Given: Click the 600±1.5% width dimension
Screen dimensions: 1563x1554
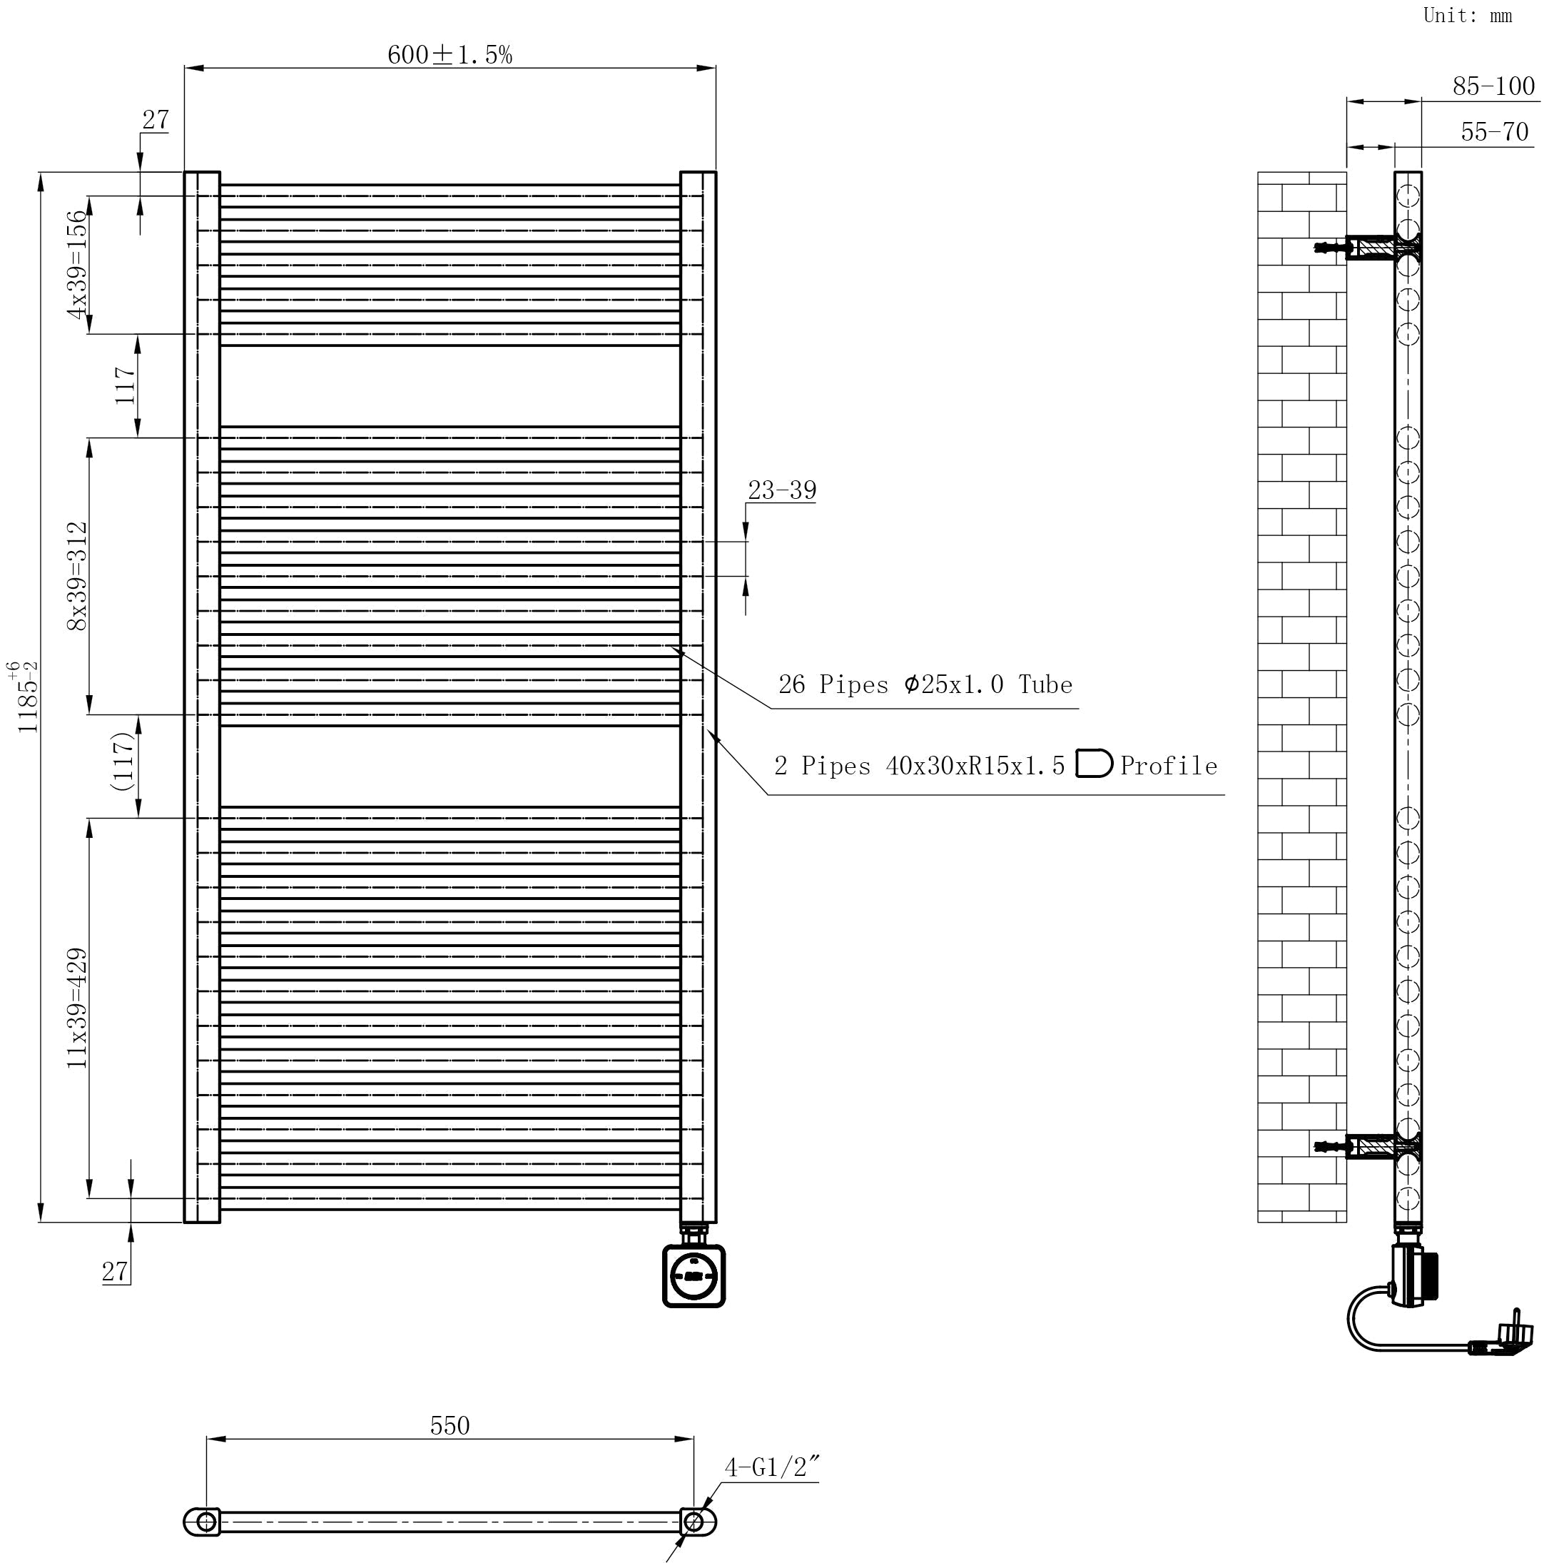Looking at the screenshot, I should pyautogui.click(x=449, y=55).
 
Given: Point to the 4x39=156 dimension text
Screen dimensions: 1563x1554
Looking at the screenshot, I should pyautogui.click(x=77, y=265).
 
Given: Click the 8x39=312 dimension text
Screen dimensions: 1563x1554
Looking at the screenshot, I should pyautogui.click(x=77, y=576).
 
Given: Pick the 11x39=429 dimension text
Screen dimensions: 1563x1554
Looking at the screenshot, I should pyautogui.click(x=77, y=1008).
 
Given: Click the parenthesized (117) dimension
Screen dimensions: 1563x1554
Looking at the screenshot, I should pyautogui.click(x=123, y=762).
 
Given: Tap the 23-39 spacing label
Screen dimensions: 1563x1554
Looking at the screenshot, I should pyautogui.click(x=781, y=490).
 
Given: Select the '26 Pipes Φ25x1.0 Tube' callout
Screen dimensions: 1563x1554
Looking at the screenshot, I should pyautogui.click(x=925, y=685).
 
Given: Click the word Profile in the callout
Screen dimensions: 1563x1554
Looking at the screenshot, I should pyautogui.click(x=1168, y=766).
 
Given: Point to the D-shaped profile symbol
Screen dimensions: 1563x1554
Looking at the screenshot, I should pyautogui.click(x=1094, y=764).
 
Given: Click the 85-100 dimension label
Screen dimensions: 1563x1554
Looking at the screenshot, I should pyautogui.click(x=1493, y=86).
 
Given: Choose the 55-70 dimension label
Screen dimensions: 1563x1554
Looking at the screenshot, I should pyautogui.click(x=1494, y=132).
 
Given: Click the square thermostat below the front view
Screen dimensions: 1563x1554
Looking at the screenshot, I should pyautogui.click(x=694, y=1277).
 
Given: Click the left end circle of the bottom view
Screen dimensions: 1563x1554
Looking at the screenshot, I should pyautogui.click(x=206, y=1522).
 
